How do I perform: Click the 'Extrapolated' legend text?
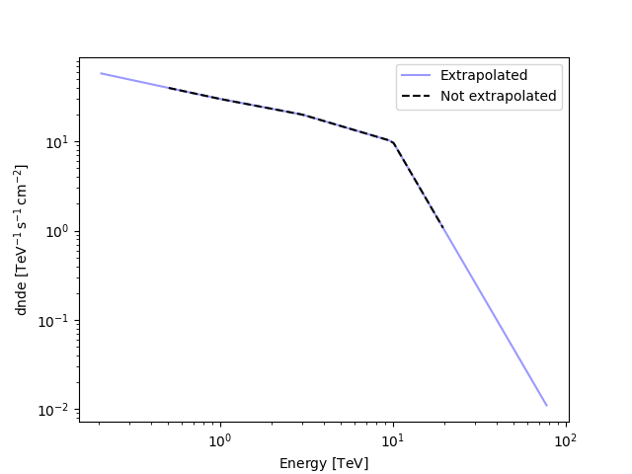pyautogui.click(x=484, y=76)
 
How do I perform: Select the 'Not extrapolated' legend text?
pyautogui.click(x=498, y=97)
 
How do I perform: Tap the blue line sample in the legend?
pyautogui.click(x=417, y=76)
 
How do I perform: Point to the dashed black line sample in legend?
pyautogui.click(x=417, y=97)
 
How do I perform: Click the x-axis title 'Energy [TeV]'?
pyautogui.click(x=324, y=463)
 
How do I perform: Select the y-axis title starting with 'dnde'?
pyautogui.click(x=21, y=240)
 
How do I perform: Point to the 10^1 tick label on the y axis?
pyautogui.click(x=55, y=142)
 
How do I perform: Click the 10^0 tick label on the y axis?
pyautogui.click(x=55, y=232)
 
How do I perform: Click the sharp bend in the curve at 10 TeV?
pyautogui.click(x=393, y=142)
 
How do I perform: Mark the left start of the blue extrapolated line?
pyautogui.click(x=101, y=73)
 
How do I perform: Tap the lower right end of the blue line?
pyautogui.click(x=546, y=405)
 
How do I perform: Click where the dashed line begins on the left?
pyautogui.click(x=169, y=88)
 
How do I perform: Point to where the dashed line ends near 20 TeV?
pyautogui.click(x=444, y=229)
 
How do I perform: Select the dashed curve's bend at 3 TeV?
pyautogui.click(x=302, y=115)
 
